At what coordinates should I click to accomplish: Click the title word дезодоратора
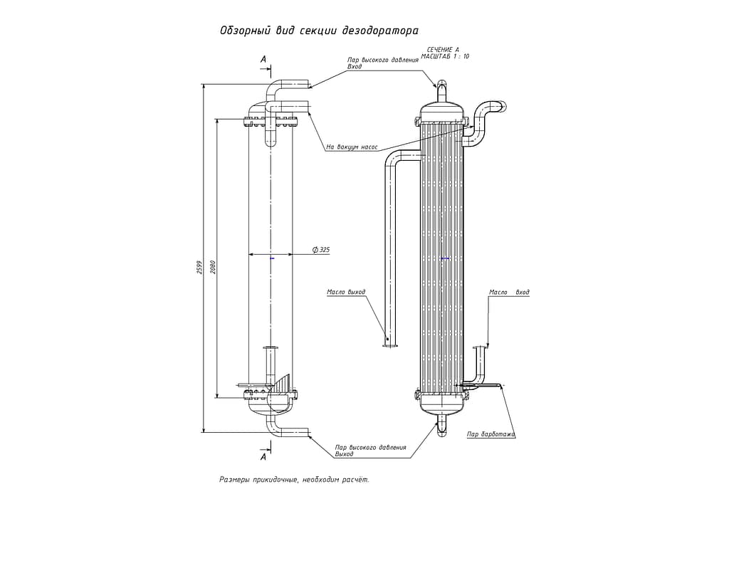tap(380, 31)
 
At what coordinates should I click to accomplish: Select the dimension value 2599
tap(200, 267)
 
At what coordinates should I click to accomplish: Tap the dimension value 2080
tap(213, 266)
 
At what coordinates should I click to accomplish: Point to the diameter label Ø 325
tap(321, 250)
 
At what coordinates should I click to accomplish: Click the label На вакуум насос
tap(352, 147)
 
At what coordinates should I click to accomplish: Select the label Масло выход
tap(346, 292)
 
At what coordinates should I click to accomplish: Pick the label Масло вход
tap(509, 293)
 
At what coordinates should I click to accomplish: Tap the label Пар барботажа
tap(491, 434)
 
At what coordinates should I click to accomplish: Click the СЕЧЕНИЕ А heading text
tap(443, 50)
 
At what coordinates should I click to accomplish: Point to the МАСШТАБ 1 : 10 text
tap(445, 56)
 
